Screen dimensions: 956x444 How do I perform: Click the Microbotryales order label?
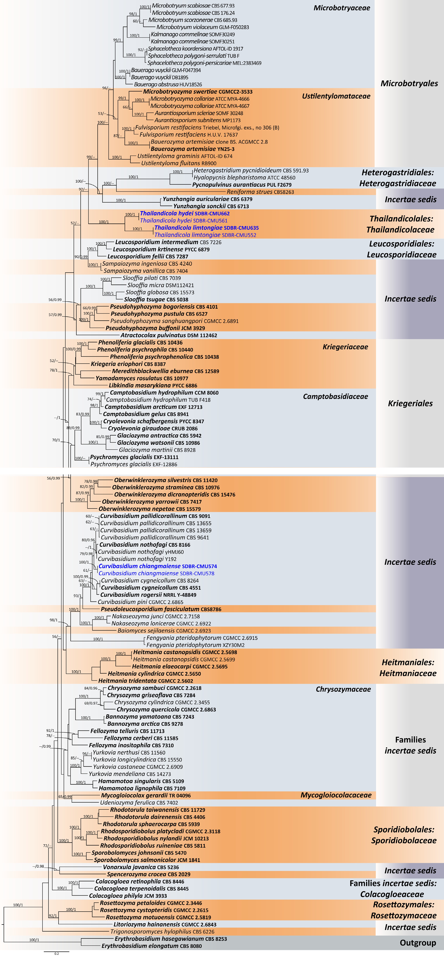click(x=409, y=84)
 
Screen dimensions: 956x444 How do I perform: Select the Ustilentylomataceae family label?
click(x=336, y=96)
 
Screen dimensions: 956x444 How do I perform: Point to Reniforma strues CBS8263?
click(x=260, y=192)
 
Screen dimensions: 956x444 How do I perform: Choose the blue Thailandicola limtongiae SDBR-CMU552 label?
click(x=205, y=235)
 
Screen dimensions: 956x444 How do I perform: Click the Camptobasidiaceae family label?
click(x=335, y=396)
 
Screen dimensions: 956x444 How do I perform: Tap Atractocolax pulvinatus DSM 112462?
click(x=169, y=335)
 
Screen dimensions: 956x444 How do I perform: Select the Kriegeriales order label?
click(x=410, y=403)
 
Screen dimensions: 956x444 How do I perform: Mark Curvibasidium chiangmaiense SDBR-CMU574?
click(x=158, y=566)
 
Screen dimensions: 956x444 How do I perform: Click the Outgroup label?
click(x=418, y=943)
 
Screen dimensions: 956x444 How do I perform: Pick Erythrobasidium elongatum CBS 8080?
click(x=152, y=946)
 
